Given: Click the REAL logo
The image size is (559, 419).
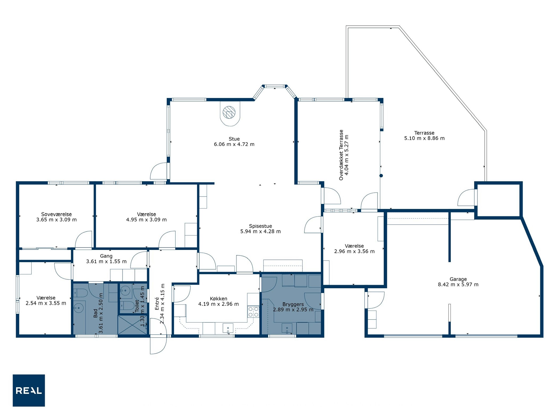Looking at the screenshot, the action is [x=29, y=390].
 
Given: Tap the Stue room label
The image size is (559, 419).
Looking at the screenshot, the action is [x=234, y=139].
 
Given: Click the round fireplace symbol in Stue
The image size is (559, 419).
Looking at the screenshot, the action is [x=229, y=112].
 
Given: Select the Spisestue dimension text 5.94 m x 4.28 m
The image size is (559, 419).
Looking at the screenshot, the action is [x=260, y=231].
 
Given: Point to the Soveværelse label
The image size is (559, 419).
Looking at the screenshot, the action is [x=56, y=214].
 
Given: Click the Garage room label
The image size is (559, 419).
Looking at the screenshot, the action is [x=458, y=279].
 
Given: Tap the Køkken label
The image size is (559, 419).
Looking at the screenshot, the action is [x=218, y=298].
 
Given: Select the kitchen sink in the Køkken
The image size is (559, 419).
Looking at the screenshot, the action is [x=228, y=328].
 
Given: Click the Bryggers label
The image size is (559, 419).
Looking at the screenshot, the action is [x=293, y=304].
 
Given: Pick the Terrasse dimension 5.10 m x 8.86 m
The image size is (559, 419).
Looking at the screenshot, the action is [x=424, y=138].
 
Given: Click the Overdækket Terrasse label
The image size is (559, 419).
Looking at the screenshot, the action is [x=341, y=155].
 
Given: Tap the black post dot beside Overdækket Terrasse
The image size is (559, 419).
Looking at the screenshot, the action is [x=381, y=176].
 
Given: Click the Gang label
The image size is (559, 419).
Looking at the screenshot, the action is [x=106, y=256].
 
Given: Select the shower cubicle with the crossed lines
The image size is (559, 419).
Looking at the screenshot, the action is [x=133, y=325].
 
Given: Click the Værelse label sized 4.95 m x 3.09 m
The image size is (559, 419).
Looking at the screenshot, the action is [x=146, y=214].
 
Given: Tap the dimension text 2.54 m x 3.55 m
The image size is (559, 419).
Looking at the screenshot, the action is [x=46, y=303].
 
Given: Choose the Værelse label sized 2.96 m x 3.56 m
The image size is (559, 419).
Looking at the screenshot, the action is [x=354, y=246].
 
